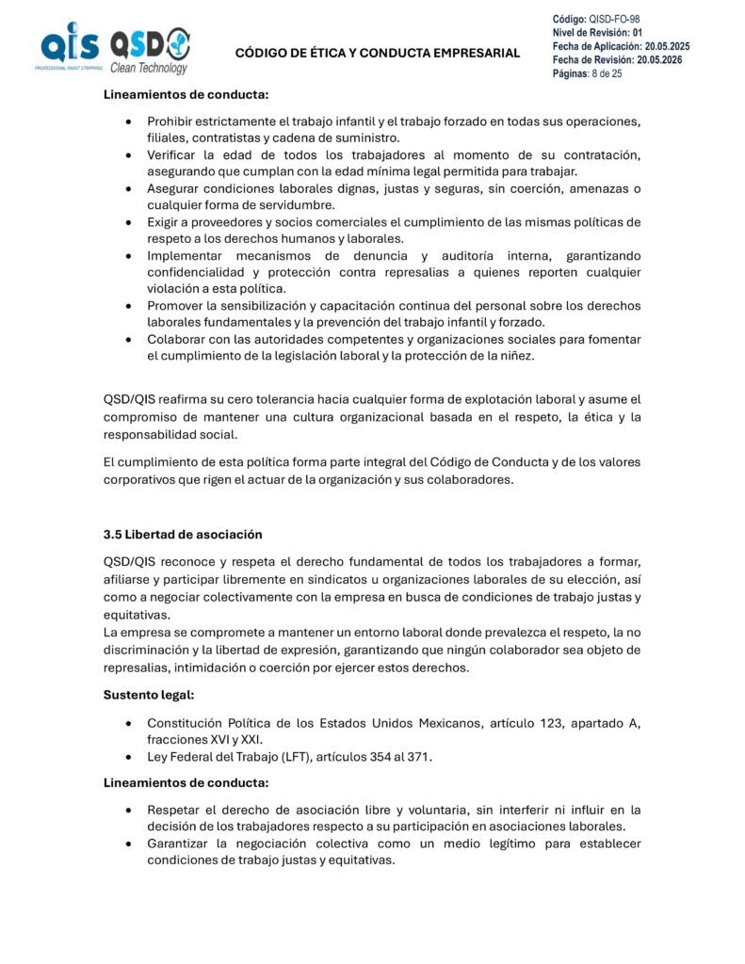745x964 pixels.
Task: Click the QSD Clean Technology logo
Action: pyautogui.click(x=150, y=51)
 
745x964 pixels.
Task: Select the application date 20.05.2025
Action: pyautogui.click(x=664, y=46)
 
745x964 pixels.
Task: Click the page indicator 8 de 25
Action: pyautogui.click(x=607, y=73)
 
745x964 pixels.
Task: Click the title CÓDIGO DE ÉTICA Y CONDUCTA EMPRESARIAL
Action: pyautogui.click(x=377, y=53)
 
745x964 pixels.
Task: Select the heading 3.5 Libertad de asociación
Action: pyautogui.click(x=183, y=534)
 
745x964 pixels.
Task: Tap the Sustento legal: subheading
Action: pyautogui.click(x=148, y=694)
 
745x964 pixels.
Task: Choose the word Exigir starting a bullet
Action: pyautogui.click(x=164, y=222)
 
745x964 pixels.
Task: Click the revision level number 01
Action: pyautogui.click(x=638, y=32)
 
